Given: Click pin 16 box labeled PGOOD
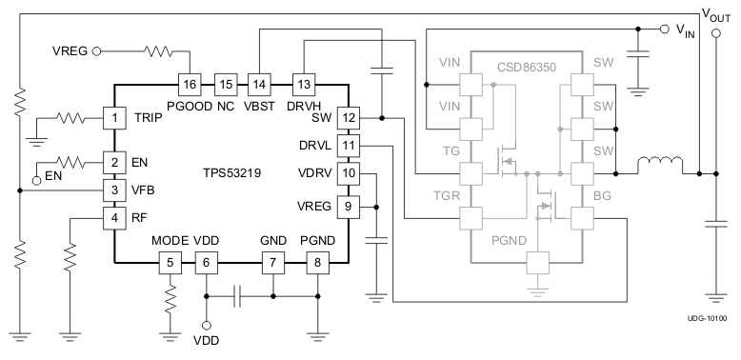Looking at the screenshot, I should coord(190,84).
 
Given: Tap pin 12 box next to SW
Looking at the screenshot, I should coord(350,118).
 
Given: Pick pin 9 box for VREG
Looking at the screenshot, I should coord(350,205).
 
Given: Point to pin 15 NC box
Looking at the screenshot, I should coord(225,84).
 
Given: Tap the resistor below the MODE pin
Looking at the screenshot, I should coord(171,302).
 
